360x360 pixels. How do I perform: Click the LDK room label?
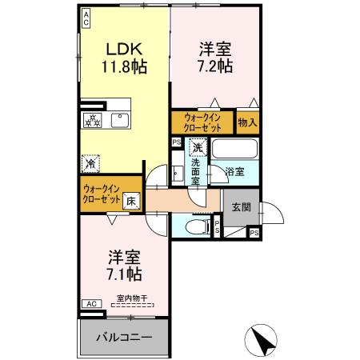point(122,48)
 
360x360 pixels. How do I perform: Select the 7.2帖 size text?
point(215,66)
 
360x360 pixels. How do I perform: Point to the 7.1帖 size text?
point(125,274)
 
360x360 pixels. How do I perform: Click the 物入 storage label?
point(247,122)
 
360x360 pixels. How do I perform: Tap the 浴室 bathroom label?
point(234,172)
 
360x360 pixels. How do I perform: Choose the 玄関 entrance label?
point(242,206)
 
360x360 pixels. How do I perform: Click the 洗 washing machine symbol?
point(196,147)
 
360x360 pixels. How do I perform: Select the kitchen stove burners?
point(94,121)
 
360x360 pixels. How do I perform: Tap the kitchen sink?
point(122,121)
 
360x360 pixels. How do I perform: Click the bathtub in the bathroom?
point(234,149)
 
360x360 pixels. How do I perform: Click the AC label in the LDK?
point(86,18)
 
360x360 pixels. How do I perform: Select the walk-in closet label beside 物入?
point(202,122)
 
